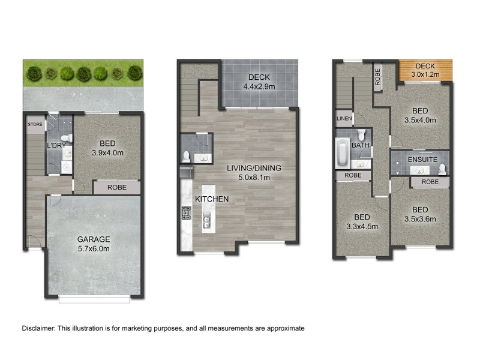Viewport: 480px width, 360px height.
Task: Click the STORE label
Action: [34, 125]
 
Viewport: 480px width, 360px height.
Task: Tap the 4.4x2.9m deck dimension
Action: [259, 86]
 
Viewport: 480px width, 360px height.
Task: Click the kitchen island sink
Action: [208, 221]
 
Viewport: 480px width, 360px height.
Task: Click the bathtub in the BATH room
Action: [341, 153]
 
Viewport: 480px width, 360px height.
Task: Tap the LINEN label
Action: [344, 118]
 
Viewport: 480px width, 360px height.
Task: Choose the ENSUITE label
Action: [422, 160]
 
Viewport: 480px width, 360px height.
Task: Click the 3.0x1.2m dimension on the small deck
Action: [425, 74]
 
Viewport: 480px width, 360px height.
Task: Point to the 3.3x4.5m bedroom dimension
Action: [362, 226]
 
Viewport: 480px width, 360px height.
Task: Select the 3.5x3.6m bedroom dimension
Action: [420, 218]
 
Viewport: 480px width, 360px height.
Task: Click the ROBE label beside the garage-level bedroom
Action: [116, 187]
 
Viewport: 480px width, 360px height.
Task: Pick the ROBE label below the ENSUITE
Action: [430, 181]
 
